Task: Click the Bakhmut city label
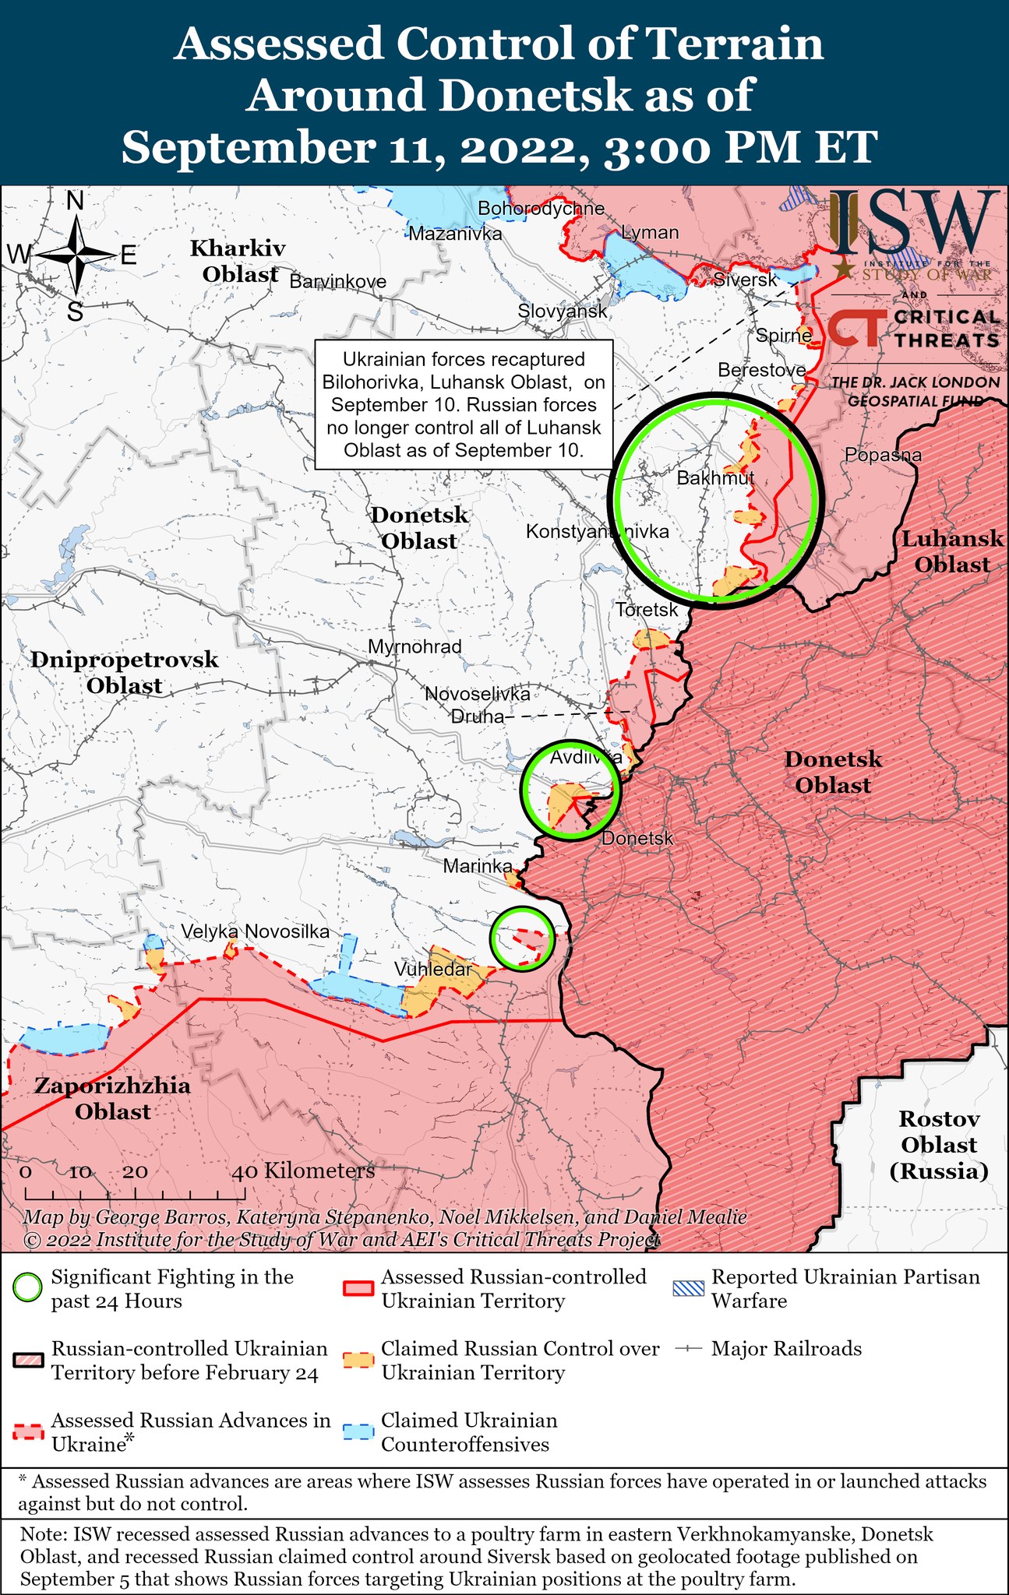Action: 715,478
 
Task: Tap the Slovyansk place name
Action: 563,312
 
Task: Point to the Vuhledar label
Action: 432,970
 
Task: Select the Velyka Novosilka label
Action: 256,931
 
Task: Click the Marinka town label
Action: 478,866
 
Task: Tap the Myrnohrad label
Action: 415,646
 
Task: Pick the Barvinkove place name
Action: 337,281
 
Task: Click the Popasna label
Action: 883,455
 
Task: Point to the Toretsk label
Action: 647,610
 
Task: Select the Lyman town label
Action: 650,232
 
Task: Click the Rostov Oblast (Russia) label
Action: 938,1145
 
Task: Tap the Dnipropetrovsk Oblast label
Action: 125,672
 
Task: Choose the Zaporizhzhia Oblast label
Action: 112,1098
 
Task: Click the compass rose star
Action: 76,255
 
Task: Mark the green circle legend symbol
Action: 28,1288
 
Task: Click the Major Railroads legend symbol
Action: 690,1348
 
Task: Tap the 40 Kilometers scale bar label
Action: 304,1171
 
